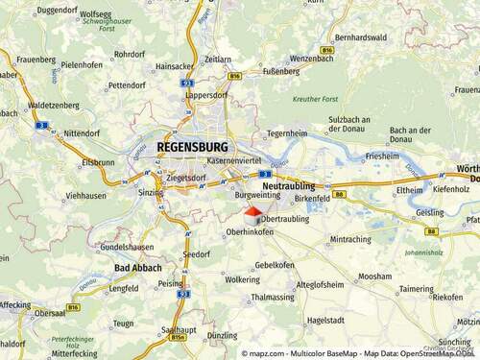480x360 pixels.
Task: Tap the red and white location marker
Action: tap(252, 215)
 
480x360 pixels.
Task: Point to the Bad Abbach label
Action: tap(137, 267)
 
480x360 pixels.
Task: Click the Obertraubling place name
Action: tap(285, 219)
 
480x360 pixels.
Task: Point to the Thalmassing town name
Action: tap(272, 298)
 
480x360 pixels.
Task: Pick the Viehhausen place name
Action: tap(86, 195)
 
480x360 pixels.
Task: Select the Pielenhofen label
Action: tap(82, 64)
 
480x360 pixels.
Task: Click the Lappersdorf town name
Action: tap(204, 95)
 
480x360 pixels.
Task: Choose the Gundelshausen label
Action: tap(127, 247)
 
